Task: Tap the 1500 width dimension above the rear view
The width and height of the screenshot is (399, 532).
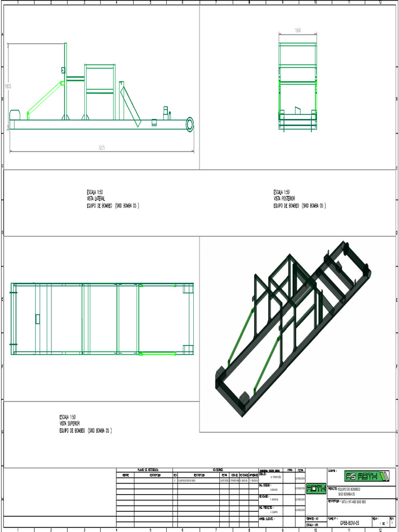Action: [x=298, y=31]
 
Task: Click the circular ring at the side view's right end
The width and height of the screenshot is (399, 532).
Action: [x=189, y=124]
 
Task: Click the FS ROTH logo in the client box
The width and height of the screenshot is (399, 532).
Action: [x=367, y=476]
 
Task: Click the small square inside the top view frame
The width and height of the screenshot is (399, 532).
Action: [x=37, y=318]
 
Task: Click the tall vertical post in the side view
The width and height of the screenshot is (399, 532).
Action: [x=65, y=81]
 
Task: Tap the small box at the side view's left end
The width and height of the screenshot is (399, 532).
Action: [x=15, y=115]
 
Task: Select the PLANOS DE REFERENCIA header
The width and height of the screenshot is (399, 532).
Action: [x=148, y=470]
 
